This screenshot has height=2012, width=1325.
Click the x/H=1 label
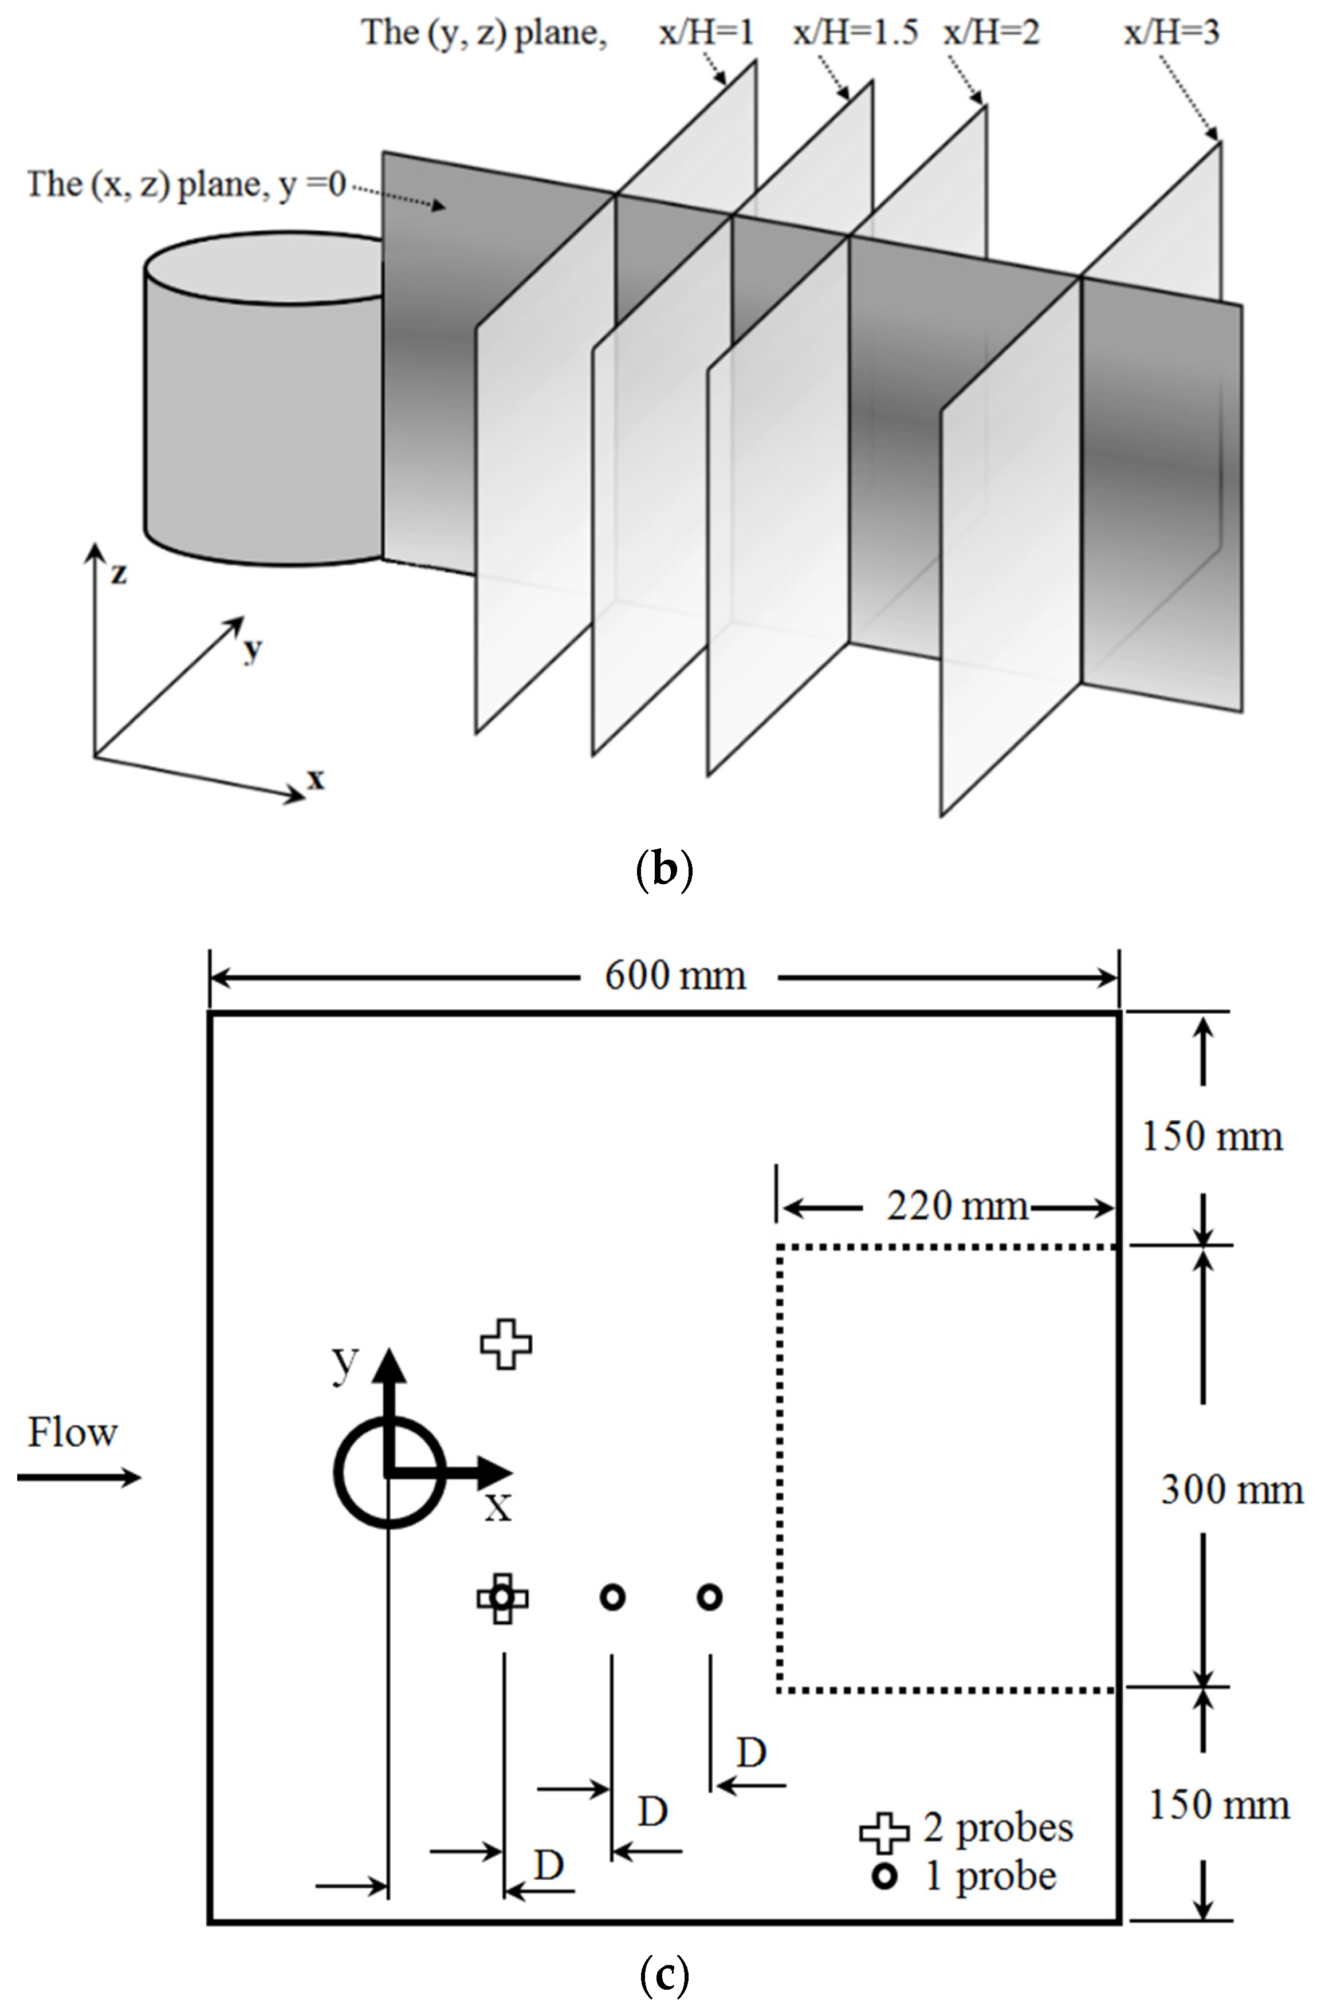pyautogui.click(x=706, y=33)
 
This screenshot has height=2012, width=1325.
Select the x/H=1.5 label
pyautogui.click(x=855, y=33)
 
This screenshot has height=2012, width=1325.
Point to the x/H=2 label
pyautogui.click(x=991, y=33)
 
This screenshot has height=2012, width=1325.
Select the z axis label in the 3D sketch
pyautogui.click(x=119, y=573)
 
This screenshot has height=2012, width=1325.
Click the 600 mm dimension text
pyautogui.click(x=675, y=977)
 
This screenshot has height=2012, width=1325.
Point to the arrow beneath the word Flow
pyautogui.click(x=78, y=1478)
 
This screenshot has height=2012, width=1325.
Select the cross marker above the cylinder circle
pyautogui.click(x=506, y=1343)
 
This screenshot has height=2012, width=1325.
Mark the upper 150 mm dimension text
pyautogui.click(x=1212, y=1136)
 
